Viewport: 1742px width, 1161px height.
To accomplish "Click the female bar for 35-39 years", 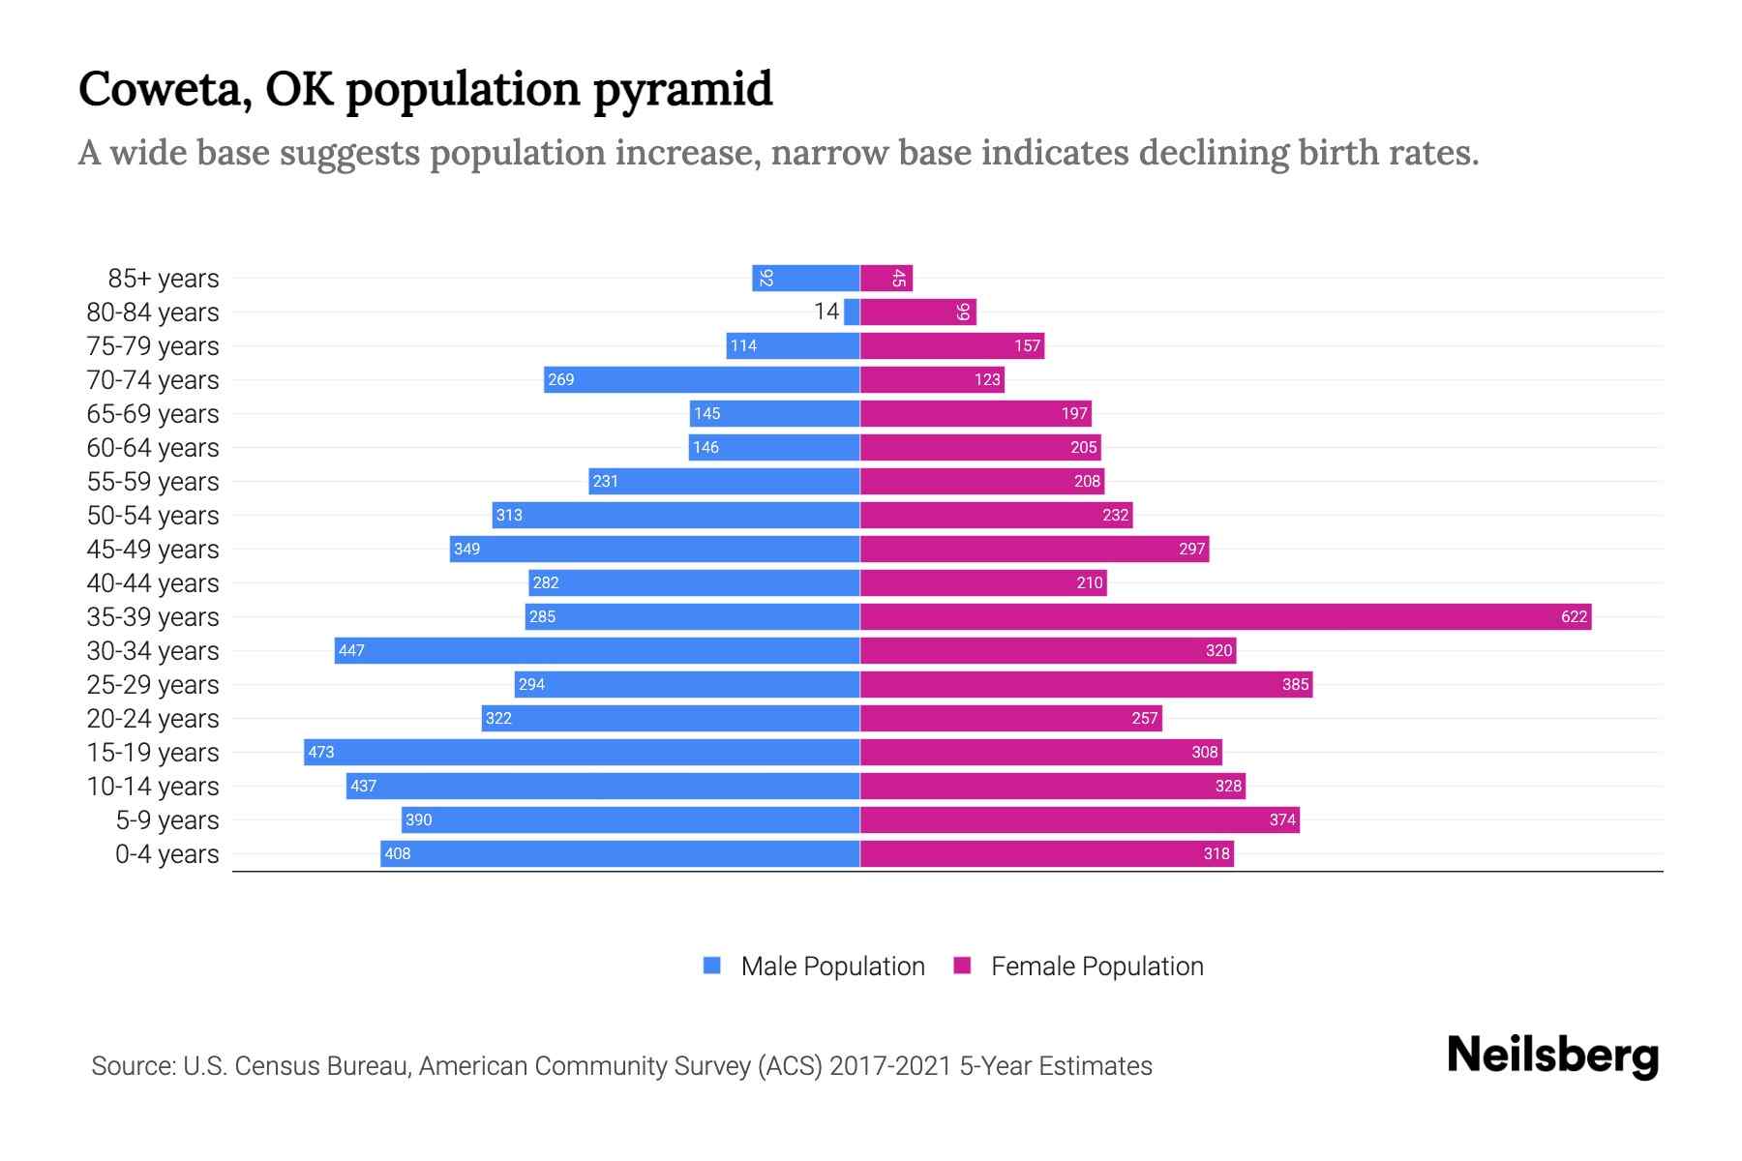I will pyautogui.click(x=1225, y=616).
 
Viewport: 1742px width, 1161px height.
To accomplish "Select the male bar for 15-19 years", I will pyautogui.click(x=582, y=752).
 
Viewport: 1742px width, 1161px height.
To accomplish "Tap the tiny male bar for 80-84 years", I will pyautogui.click(x=852, y=312).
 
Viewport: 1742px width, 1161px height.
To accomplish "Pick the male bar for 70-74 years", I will pyautogui.click(x=702, y=379).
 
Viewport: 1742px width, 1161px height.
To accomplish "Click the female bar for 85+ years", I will pyautogui.click(x=886, y=278).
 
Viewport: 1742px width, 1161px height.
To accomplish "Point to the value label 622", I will pyautogui.click(x=1574, y=616).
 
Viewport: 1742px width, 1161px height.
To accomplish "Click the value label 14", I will pyautogui.click(x=826, y=312).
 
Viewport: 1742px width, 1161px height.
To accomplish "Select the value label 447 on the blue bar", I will pyautogui.click(x=351, y=650).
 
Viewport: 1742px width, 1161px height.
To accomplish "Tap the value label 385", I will pyautogui.click(x=1295, y=684).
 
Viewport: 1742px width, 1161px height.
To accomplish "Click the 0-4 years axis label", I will pyautogui.click(x=166, y=853).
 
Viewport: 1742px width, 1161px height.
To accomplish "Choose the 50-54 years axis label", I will pyautogui.click(x=153, y=515).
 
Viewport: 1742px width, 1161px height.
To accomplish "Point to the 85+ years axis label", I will pyautogui.click(x=164, y=278).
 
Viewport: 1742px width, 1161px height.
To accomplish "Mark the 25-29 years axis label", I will pyautogui.click(x=153, y=684).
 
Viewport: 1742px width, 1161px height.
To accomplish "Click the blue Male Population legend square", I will pyautogui.click(x=712, y=966).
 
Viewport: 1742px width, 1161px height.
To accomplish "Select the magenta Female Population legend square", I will pyautogui.click(x=962, y=966).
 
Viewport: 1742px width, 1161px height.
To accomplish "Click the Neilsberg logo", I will pyautogui.click(x=1552, y=1056).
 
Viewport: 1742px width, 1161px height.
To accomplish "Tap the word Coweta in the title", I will pyautogui.click(x=165, y=89).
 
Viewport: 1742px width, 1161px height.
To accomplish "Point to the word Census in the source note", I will pyautogui.click(x=276, y=1066).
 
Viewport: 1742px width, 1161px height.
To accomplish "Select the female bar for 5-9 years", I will pyautogui.click(x=1079, y=819).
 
